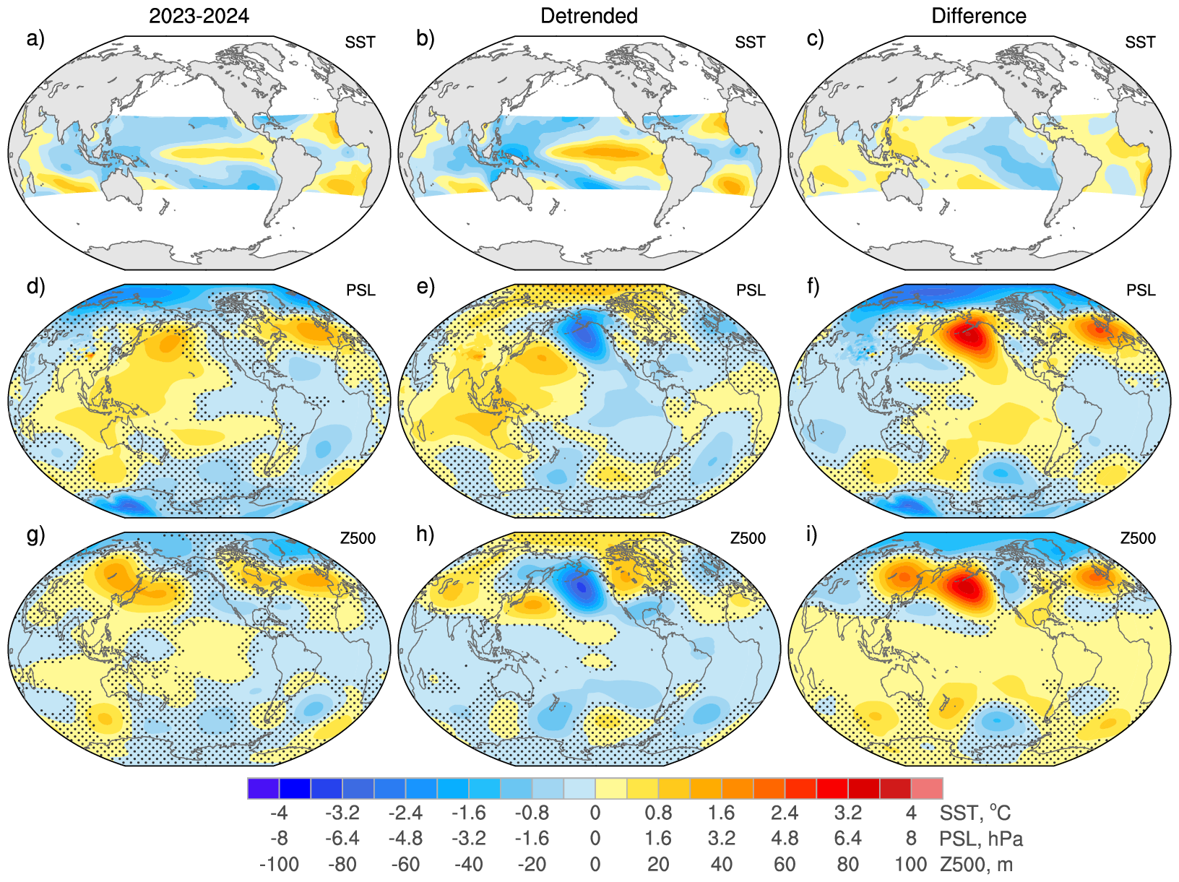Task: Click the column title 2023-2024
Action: (x=199, y=16)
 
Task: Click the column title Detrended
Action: (x=589, y=16)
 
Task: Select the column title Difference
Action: (x=978, y=16)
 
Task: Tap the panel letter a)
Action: (x=35, y=39)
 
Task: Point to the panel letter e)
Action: (x=426, y=287)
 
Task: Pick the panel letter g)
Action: (x=35, y=535)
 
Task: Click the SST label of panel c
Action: (x=1140, y=43)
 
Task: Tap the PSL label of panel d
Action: (x=360, y=290)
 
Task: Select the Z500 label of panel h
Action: (x=748, y=538)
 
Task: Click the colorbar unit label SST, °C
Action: (x=975, y=813)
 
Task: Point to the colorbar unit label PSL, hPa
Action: (x=981, y=839)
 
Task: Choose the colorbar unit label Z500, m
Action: (x=976, y=865)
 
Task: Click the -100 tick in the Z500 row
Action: (x=279, y=865)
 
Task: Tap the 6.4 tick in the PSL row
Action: (x=847, y=839)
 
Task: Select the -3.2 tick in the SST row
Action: (x=342, y=813)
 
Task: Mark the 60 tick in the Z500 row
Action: (x=785, y=865)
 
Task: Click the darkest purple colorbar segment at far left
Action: (x=263, y=788)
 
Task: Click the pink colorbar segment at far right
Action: (x=927, y=788)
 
